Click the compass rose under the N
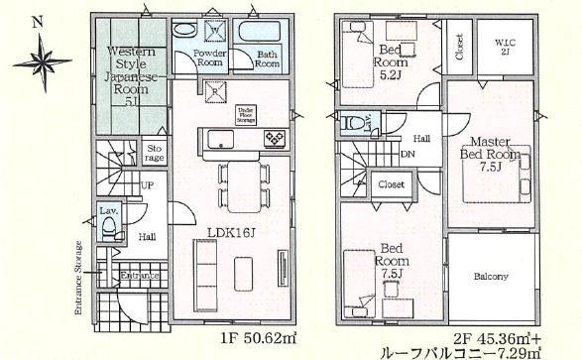point(43,62)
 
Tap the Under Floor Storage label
point(246,115)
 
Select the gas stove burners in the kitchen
point(275,138)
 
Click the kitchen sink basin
point(220,140)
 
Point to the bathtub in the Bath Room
point(260,32)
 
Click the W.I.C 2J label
point(505,47)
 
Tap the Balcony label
point(491,277)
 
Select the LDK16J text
point(231,233)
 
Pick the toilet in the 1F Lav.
point(109,227)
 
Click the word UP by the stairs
point(148,185)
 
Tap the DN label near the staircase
point(407,154)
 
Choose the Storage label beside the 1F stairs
point(155,153)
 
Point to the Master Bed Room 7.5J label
point(490,154)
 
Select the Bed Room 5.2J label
point(391,61)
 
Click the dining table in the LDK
point(244,186)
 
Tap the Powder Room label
point(210,58)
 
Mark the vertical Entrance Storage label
point(78,278)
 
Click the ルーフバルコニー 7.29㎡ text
point(460,351)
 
